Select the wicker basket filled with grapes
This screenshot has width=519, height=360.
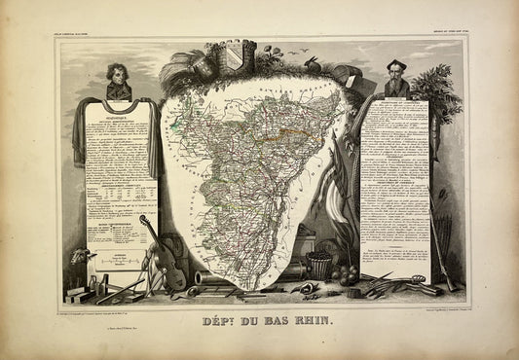pyautogui.click(x=319, y=267)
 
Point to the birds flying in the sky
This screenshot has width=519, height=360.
pyautogui.click(x=296, y=49)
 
